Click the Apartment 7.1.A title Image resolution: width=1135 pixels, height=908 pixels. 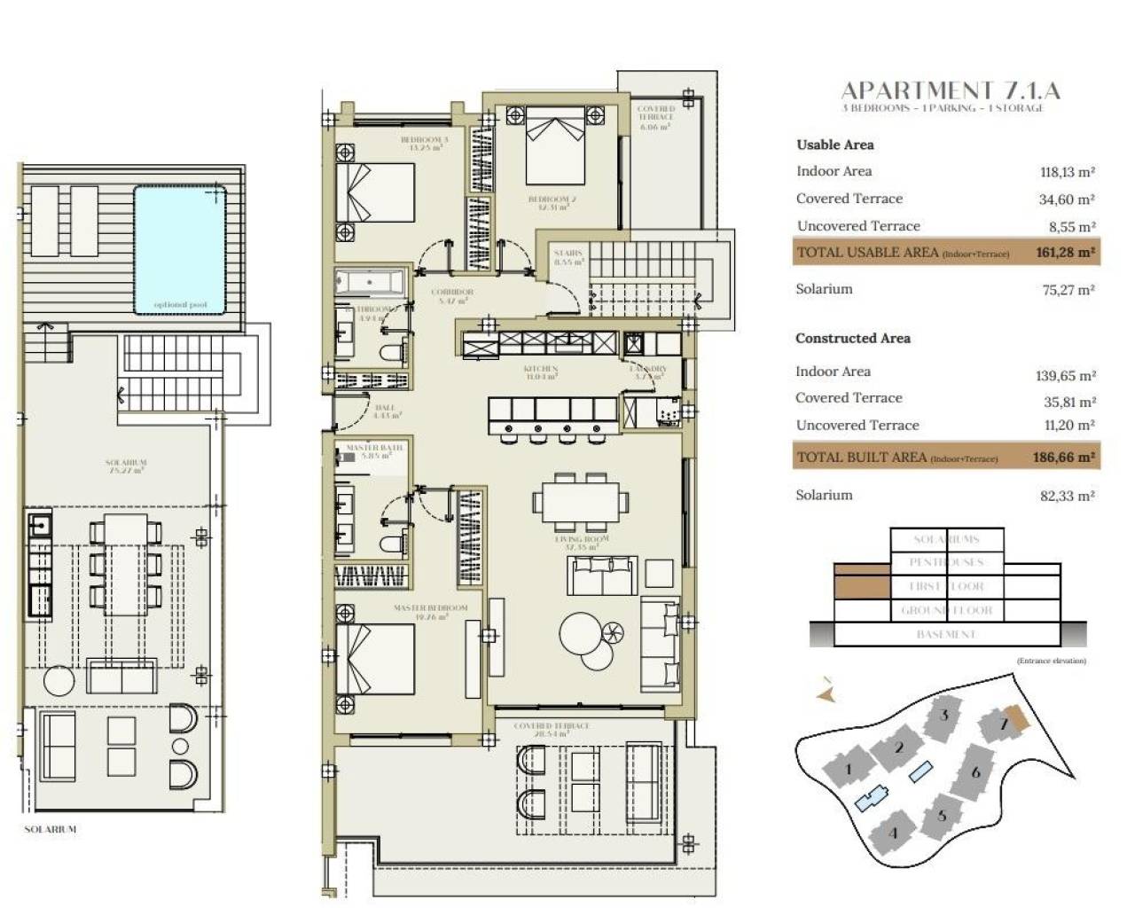[950, 90]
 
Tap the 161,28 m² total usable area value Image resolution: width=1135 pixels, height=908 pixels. [1065, 253]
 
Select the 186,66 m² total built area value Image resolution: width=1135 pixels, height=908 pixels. [1064, 458]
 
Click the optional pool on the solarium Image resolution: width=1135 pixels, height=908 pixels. [180, 249]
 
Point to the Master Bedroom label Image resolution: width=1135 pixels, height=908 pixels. [430, 608]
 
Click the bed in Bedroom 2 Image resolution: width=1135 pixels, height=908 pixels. [555, 144]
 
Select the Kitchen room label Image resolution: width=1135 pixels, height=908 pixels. [540, 369]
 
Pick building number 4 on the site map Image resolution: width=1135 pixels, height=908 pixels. [893, 833]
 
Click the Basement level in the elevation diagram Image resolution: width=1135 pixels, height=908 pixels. [946, 635]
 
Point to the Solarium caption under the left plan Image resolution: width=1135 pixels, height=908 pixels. [50, 829]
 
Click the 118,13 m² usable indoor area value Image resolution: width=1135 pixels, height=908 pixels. [1067, 173]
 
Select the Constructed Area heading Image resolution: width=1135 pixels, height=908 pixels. [852, 338]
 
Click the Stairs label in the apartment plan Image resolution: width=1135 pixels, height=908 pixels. [567, 254]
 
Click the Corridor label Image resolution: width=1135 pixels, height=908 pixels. [452, 292]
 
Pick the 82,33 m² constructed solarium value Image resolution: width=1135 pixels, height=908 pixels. [1067, 496]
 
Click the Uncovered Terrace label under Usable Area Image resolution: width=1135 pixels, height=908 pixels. [857, 226]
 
